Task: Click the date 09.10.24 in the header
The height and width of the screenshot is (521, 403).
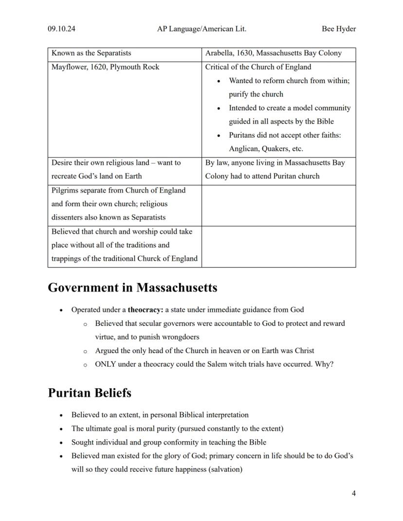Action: [x=61, y=29]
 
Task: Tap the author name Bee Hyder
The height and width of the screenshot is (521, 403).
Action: [x=339, y=29]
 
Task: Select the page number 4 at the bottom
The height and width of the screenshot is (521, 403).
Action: [x=353, y=493]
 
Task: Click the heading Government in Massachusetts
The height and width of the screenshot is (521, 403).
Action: [x=132, y=287]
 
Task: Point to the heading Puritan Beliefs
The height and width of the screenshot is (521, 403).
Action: [x=90, y=393]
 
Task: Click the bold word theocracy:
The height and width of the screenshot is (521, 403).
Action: [x=146, y=309]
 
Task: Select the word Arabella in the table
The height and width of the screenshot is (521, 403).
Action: [x=219, y=53]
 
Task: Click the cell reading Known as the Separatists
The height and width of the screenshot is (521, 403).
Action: [x=91, y=53]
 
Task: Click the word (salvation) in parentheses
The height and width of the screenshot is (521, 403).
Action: [x=226, y=469]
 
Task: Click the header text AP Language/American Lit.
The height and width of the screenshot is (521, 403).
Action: [x=201, y=29]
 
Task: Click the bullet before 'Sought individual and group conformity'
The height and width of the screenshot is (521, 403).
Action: [x=61, y=443]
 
